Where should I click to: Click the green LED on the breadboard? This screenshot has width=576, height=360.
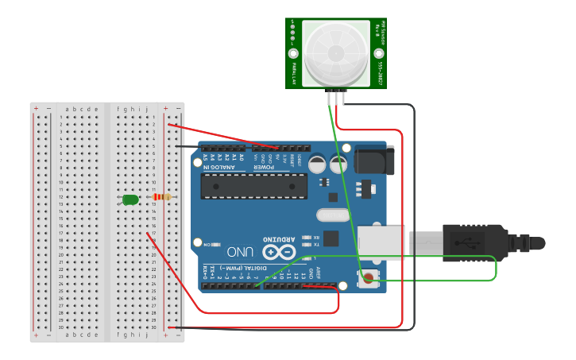130,199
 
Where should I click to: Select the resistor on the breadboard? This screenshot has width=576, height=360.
162,197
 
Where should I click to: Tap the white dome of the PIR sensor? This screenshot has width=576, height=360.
336,52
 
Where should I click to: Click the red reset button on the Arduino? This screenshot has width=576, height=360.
369,277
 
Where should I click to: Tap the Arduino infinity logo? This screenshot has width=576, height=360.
280,253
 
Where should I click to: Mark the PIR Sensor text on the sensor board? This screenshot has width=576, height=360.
382,31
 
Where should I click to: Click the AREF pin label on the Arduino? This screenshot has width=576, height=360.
319,273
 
